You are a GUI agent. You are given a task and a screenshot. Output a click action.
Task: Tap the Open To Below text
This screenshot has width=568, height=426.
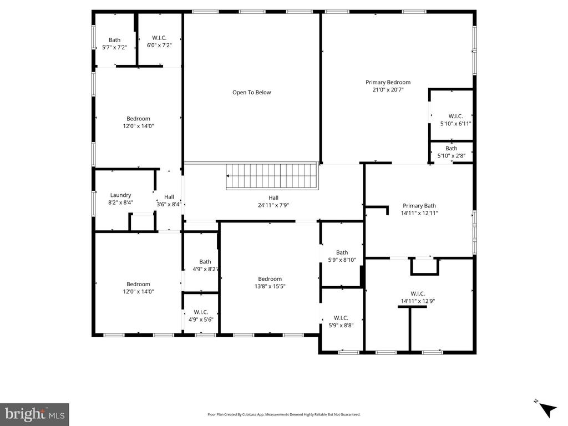coord(251,93)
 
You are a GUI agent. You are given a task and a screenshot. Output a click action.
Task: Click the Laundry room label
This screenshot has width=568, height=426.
coord(120,195)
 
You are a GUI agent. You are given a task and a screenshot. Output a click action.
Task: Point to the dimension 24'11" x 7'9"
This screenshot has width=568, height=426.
coord(273,205)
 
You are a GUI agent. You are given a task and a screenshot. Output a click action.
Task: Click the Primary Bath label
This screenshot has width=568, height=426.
coord(419,205)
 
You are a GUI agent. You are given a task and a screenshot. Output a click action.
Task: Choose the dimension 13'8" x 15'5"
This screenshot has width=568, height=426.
coord(270,286)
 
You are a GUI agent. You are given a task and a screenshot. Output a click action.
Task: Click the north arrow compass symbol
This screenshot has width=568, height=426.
coord(547,409)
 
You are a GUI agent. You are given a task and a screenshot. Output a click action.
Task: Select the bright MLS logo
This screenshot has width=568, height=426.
coord(34,414)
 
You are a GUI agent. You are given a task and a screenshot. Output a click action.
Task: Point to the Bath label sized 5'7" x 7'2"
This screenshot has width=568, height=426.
coord(114,40)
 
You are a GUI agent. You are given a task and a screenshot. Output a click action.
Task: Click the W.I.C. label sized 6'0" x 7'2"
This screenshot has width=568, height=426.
coord(159,38)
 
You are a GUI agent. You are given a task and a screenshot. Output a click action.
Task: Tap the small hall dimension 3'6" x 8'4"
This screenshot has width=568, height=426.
coord(169,204)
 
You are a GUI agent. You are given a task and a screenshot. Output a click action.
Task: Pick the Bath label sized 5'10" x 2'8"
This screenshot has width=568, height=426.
coord(451,148)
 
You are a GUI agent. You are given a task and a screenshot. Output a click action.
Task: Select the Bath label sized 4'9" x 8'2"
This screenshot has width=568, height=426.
coord(205,262)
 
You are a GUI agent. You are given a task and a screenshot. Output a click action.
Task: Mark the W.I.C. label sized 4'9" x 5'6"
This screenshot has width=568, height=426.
coord(201,312)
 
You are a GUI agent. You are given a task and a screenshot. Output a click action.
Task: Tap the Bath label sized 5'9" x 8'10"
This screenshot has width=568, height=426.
coord(342,252)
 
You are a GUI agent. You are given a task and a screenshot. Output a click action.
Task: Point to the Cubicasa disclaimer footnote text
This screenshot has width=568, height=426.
coord(283,414)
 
